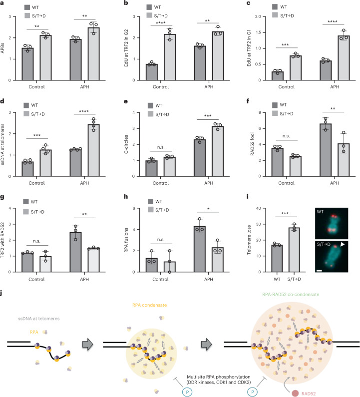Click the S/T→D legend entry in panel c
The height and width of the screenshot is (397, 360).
[x=288, y=15]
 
